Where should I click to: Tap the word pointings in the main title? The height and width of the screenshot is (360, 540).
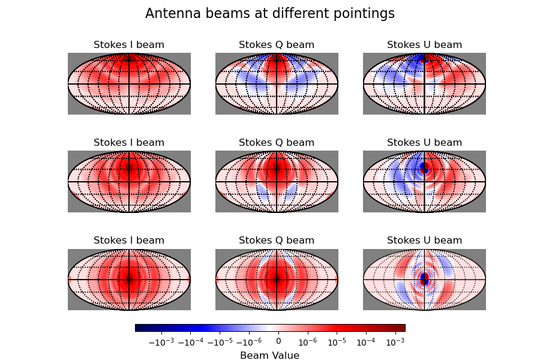365,14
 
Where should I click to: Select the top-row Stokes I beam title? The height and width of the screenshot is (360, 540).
129,45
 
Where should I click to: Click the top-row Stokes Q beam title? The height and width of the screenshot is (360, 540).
277,45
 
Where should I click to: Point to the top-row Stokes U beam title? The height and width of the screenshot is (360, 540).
424,45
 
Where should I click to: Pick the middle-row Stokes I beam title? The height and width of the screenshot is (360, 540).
129,143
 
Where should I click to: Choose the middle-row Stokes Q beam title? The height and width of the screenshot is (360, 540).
277,143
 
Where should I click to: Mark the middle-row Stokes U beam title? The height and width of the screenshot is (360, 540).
424,143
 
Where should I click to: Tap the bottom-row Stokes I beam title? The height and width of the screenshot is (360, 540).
129,241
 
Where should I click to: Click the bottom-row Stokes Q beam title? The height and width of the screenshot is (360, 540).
277,241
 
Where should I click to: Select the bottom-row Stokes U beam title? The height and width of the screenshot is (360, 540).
424,241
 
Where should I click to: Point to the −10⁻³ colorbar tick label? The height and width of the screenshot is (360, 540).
160,341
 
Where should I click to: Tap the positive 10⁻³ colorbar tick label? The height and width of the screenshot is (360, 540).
394,341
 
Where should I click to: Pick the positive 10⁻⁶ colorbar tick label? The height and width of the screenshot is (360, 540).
307,341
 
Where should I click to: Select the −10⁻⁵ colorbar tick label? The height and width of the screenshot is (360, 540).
219,341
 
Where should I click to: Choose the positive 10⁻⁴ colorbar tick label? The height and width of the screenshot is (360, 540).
365,341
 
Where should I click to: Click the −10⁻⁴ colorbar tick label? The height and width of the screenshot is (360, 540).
190,341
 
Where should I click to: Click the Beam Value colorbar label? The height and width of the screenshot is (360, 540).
269,355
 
